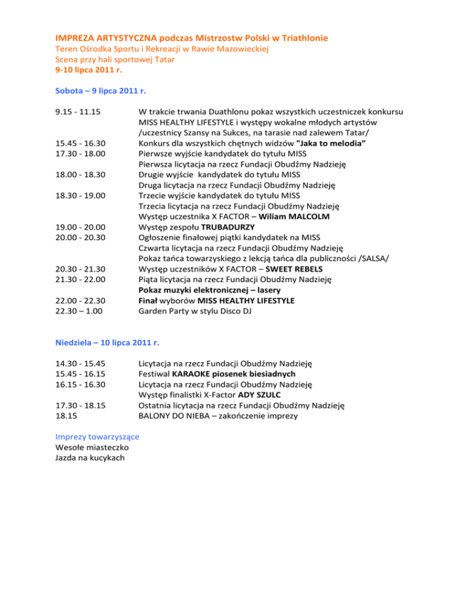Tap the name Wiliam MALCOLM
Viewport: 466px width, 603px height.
295,217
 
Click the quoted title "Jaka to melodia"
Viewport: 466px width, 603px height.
326,143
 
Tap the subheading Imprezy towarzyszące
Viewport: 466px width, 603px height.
97,436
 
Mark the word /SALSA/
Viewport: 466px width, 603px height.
374,258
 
